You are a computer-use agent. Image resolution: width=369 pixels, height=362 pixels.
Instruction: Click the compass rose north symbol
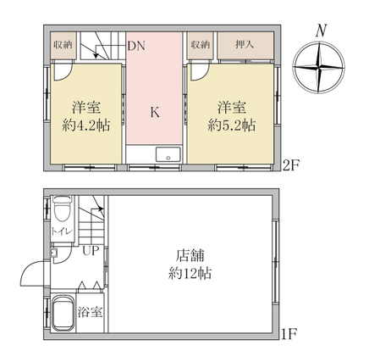pos(319,67)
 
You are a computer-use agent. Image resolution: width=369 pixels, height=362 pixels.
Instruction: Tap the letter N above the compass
pos(322,31)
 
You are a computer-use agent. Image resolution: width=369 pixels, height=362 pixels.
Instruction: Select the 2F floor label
pos(291,166)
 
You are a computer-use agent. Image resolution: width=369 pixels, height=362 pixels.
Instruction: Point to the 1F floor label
pos(289,335)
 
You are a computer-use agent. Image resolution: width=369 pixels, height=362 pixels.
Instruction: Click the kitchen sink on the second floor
pos(168,154)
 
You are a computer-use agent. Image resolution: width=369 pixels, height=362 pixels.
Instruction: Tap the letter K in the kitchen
pos(155,112)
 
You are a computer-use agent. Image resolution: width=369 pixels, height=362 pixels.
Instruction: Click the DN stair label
pos(137,46)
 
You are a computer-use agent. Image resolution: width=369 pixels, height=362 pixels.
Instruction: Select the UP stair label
pos(91,250)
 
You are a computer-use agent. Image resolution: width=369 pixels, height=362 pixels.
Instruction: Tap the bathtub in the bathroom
pos(63,313)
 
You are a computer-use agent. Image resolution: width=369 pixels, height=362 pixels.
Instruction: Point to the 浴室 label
pos(90,312)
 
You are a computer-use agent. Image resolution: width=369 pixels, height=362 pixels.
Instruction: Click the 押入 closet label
pos(245,44)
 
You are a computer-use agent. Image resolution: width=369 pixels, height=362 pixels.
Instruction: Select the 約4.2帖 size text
pos(86,125)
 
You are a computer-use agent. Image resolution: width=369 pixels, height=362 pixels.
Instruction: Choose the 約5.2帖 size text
pos(232,125)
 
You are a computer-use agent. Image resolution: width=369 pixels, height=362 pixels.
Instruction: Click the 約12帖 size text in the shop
pos(190,273)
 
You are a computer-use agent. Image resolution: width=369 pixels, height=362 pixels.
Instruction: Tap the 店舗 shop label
pos(190,256)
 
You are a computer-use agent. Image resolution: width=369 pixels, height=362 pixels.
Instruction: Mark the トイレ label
pos(62,232)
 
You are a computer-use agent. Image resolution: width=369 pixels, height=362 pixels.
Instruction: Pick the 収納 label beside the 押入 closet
pos(200,45)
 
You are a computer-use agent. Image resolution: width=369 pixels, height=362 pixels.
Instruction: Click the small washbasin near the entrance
pos(53,252)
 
